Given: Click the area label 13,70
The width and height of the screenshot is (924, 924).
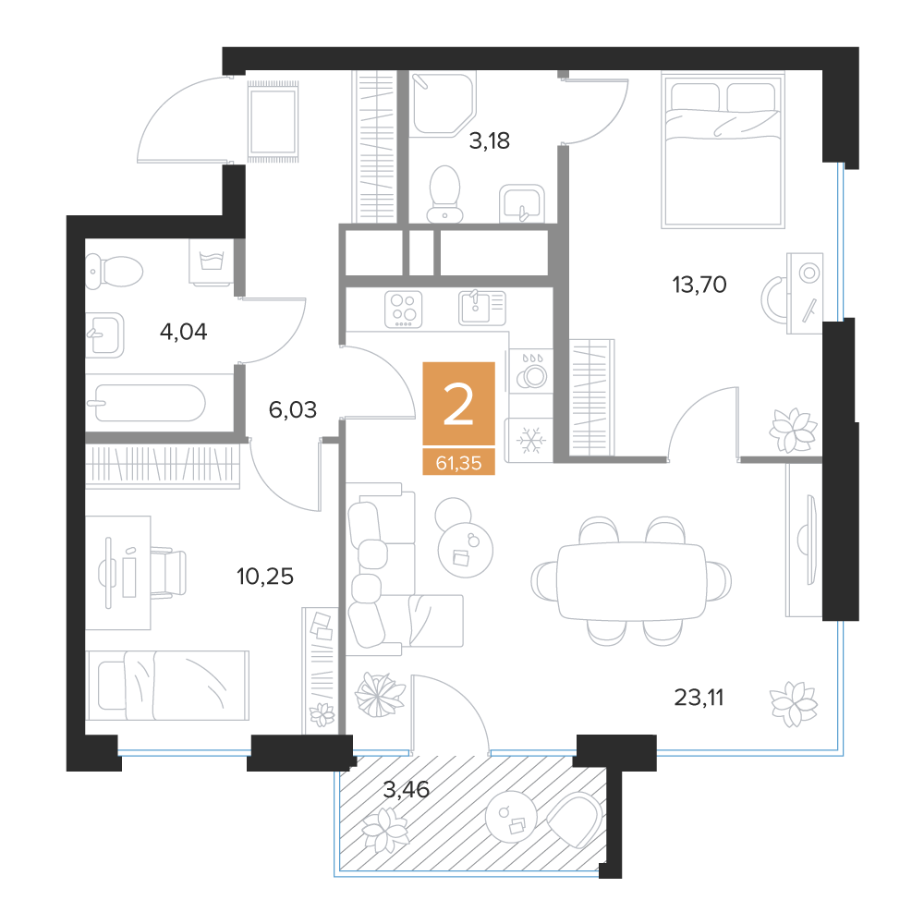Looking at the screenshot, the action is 699,286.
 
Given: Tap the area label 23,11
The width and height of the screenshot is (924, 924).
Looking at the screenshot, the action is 699,698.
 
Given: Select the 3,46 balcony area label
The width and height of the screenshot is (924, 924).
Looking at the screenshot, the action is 406,789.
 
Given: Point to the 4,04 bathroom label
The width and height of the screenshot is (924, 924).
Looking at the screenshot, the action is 183,333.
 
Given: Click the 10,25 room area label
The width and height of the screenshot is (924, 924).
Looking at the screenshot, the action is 264,577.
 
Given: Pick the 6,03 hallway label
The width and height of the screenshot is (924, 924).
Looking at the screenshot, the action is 293,409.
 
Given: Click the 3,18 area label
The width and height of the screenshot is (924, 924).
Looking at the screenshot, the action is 489,141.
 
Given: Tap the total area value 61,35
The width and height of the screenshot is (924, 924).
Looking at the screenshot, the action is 458,463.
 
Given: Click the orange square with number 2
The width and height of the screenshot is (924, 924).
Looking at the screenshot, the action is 458,403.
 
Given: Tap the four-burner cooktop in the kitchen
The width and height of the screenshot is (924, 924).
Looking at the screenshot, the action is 404,310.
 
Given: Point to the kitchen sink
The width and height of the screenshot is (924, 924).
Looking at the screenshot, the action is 482,308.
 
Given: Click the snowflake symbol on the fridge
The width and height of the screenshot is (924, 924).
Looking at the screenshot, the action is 531,441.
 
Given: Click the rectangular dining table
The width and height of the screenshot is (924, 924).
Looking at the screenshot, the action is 631,581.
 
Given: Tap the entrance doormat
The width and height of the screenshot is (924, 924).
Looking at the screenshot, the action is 273,121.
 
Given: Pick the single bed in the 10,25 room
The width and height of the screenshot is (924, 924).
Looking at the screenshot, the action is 167,686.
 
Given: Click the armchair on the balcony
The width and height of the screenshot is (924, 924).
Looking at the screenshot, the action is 574,820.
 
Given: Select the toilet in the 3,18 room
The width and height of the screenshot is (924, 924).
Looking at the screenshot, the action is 444,194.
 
